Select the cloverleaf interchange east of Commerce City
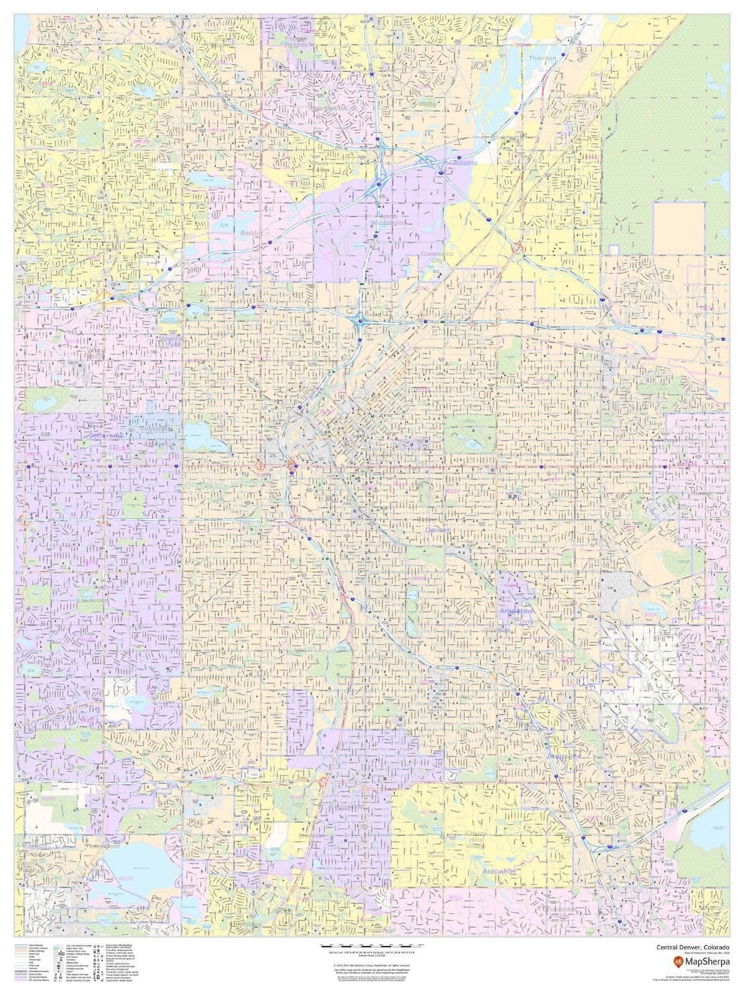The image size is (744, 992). [x=516, y=249]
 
